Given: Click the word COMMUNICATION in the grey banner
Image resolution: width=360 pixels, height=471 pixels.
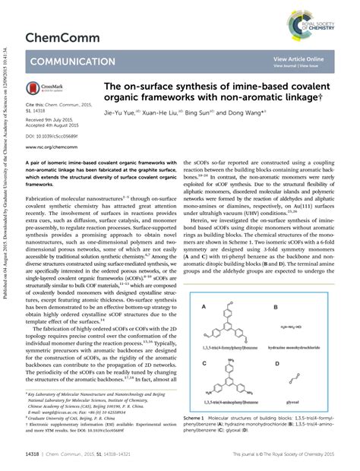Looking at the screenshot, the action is click(72, 62).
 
